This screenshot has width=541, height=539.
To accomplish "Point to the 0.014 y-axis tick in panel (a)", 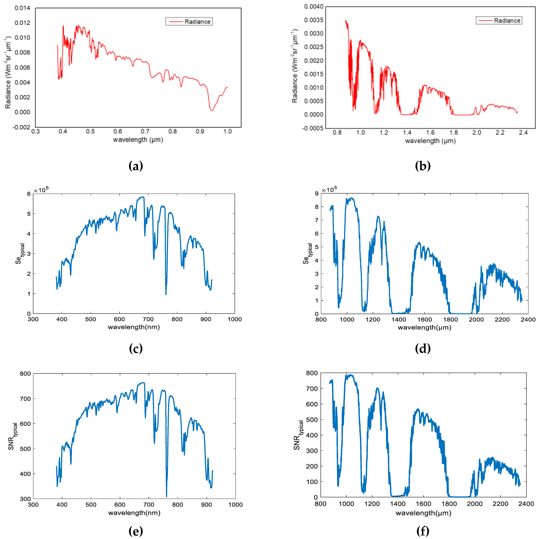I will (x=22, y=8).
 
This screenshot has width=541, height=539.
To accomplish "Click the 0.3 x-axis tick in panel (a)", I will (x=36, y=131).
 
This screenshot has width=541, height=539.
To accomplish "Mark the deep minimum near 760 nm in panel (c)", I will (x=166, y=294).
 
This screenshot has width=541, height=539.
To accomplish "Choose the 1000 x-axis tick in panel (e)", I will (x=235, y=505).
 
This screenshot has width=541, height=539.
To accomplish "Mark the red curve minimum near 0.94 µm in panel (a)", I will (x=212, y=110).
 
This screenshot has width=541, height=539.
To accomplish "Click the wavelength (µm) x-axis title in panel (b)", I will (x=430, y=141).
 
